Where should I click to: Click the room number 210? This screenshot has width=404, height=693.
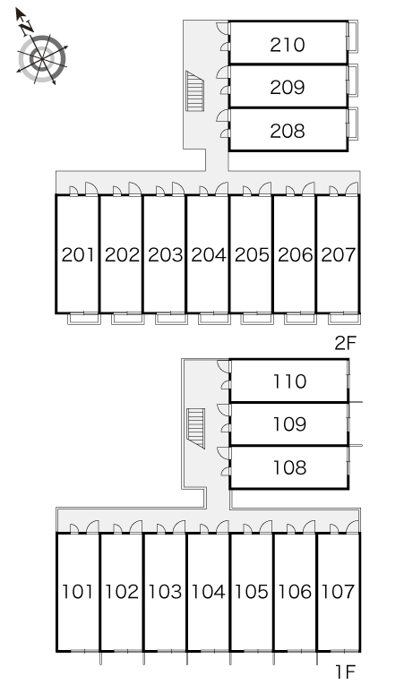pyautogui.click(x=288, y=45)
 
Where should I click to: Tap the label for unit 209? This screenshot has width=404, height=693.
pyautogui.click(x=288, y=88)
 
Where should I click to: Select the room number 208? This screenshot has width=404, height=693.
pyautogui.click(x=288, y=131)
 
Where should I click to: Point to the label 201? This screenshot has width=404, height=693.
pyautogui.click(x=78, y=255)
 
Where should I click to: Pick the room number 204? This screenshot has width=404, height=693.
pyautogui.click(x=208, y=255)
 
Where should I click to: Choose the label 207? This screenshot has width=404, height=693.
pyautogui.click(x=338, y=255)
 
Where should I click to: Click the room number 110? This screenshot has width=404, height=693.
pyautogui.click(x=289, y=381)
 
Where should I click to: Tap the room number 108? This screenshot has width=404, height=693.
pyautogui.click(x=289, y=467)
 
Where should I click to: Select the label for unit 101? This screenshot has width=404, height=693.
pyautogui.click(x=77, y=592)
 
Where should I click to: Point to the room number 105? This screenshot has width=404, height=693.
pyautogui.click(x=252, y=592)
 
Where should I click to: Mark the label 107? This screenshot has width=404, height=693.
pyautogui.click(x=338, y=592)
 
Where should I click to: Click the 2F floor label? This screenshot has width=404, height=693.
pyautogui.click(x=345, y=343)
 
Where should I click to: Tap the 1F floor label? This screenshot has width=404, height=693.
pyautogui.click(x=346, y=672)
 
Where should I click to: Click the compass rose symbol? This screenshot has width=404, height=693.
pyautogui.click(x=42, y=59)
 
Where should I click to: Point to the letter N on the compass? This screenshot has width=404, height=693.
pyautogui.click(x=28, y=28)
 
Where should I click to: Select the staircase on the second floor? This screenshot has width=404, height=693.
pyautogui.click(x=195, y=91)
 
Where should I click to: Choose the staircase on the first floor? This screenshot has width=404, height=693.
pyautogui.click(x=196, y=429)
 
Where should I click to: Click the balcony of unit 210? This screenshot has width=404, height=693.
pyautogui.click(x=353, y=35)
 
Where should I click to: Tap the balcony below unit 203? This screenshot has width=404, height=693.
pyautogui.click(x=171, y=319)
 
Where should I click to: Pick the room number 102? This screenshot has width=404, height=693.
pyautogui.click(x=121, y=592)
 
